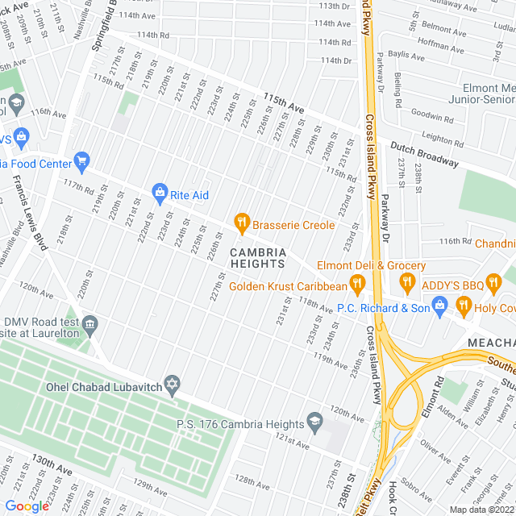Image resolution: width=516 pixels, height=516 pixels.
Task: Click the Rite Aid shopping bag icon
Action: [159, 193]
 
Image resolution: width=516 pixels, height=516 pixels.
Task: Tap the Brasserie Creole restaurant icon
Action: [240, 221]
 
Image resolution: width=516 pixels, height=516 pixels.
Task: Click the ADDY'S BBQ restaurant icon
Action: [406, 283]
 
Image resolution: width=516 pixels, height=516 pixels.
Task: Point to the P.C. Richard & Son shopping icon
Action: [439, 304]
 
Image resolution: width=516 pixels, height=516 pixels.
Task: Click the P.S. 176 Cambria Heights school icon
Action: [314, 421]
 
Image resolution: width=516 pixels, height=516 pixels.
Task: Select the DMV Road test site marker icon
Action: [89, 324]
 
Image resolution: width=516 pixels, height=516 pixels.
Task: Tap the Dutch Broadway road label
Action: [424, 154]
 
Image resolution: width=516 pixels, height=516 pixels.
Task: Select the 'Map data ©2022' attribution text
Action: [481, 509]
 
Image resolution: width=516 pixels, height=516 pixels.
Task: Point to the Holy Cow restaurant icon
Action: [464, 304]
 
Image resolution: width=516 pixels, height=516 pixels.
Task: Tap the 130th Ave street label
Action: [52, 469]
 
